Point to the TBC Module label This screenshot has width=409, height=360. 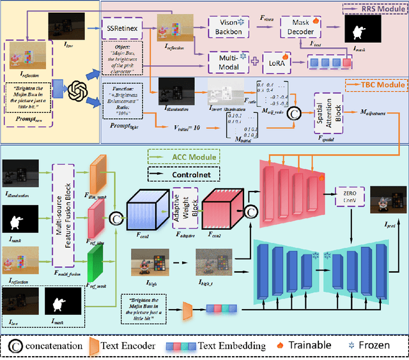coord(377,84)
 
